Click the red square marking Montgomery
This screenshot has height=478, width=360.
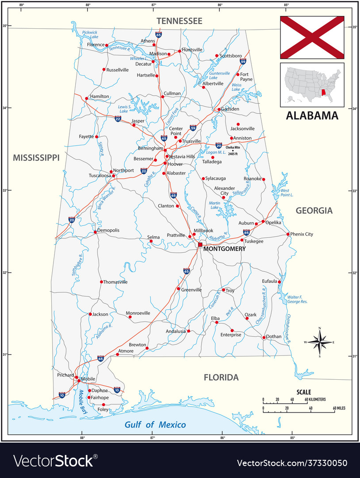pyautogui.click(x=200, y=244)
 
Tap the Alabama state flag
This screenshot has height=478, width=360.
pyautogui.click(x=312, y=37)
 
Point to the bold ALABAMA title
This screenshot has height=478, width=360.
pyautogui.click(x=312, y=116)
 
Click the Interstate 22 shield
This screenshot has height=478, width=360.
pyautogui.click(x=118, y=119)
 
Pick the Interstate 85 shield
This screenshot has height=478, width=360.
pyautogui.click(x=246, y=232)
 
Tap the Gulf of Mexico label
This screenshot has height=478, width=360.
pyautogui.click(x=155, y=425)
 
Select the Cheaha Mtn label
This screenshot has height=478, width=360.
pyautogui.click(x=233, y=147)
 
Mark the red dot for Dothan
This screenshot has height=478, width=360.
pyautogui.click(x=264, y=337)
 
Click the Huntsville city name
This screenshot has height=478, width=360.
pyautogui.click(x=192, y=50)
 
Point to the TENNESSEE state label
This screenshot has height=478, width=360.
pyautogui.click(x=180, y=21)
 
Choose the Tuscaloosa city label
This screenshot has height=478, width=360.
pyautogui.click(x=100, y=175)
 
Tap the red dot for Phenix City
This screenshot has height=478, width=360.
pyautogui.click(x=288, y=234)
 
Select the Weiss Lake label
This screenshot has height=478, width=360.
pyautogui.click(x=236, y=87)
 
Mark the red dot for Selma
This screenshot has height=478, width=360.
pyautogui.click(x=151, y=241)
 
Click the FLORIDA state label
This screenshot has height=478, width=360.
pyautogui.click(x=221, y=378)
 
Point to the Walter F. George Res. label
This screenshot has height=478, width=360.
pyautogui.click(x=297, y=299)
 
